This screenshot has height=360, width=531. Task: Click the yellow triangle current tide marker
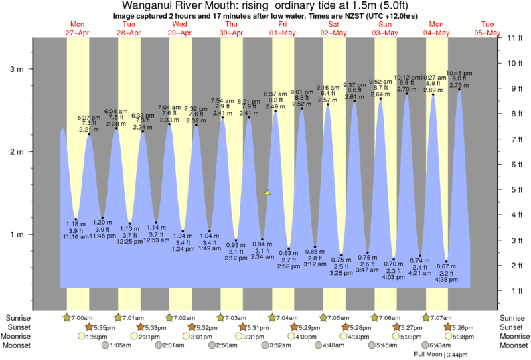click(x=267, y=192)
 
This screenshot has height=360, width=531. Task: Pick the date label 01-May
click(x=282, y=33)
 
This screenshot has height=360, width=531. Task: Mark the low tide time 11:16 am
click(x=76, y=236)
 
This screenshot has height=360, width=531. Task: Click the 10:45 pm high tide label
click(x=459, y=73)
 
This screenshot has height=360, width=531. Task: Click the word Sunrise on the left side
click(x=18, y=317)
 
